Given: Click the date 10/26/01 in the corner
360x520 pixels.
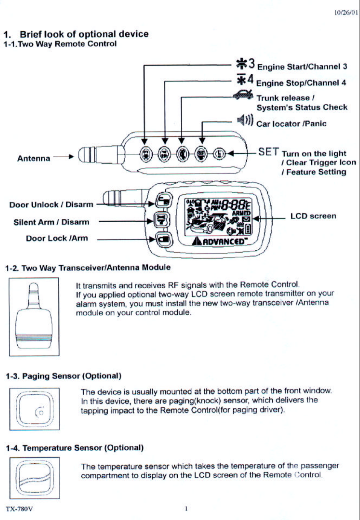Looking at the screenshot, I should coord(346,13).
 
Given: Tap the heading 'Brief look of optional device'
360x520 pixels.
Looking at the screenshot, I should coord(84,34).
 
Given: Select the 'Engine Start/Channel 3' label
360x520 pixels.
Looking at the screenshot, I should coord(302,67).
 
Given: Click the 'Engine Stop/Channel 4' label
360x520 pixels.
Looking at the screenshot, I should coord(301,83).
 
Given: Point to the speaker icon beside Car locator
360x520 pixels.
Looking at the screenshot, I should coord(246,119).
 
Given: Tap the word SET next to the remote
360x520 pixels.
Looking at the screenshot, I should coord(269,152).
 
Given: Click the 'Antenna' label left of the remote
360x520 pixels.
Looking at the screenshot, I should coord(34,158).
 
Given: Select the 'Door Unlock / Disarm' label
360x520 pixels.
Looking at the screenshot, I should coord(51,205).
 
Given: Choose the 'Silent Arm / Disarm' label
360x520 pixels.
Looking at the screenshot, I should coord(51,222).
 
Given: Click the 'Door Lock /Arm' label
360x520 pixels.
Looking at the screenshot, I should coord(57,238).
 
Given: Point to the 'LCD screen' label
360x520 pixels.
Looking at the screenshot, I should coord(313,216).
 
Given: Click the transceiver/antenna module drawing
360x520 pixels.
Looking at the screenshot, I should coord(34,316).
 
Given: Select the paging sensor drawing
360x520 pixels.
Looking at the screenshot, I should coord(35,409).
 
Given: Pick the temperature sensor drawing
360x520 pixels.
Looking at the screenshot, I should coord(35,478).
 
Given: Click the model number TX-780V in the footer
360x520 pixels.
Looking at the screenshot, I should coord(19,509).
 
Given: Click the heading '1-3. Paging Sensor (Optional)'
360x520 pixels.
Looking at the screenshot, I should coord(63,376).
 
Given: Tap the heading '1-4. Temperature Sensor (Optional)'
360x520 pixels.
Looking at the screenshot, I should coord(74,448).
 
